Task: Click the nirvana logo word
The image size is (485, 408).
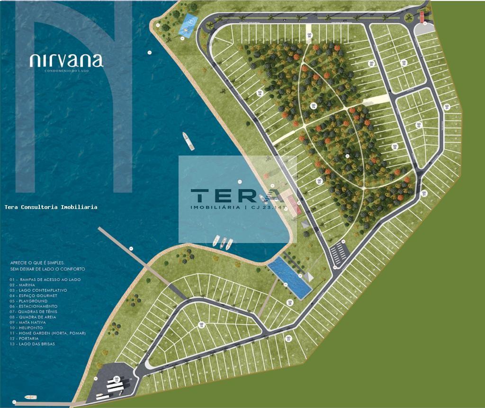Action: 66,60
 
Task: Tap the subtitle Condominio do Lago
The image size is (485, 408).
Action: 66,70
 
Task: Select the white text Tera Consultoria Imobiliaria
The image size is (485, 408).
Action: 51,207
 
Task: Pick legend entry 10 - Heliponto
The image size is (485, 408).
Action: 26,328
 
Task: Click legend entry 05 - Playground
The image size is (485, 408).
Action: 28,301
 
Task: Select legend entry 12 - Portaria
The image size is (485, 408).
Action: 26,339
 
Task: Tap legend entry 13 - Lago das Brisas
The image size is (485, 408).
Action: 32,344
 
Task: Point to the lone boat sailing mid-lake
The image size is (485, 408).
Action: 188,141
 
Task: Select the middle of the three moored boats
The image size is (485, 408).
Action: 223,243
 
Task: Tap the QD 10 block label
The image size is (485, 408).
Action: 201,325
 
